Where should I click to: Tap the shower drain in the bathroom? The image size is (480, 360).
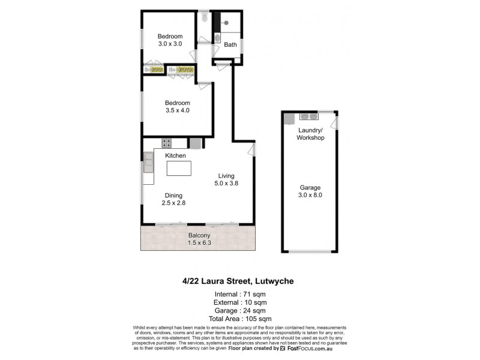point(226,23)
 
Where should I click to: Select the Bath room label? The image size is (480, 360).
point(230,44)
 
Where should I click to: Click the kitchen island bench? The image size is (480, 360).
point(178,168)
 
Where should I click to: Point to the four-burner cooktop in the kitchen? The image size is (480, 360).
point(166,143)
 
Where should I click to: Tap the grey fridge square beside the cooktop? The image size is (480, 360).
point(196,143)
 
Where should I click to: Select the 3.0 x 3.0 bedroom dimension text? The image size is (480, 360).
point(170,43)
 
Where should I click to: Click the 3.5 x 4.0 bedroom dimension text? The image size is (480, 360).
point(178,110)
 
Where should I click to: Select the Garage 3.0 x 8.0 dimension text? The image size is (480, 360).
point(310,195)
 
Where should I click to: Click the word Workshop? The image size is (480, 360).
point(310,138)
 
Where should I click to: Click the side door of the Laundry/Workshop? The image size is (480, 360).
point(337,124)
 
